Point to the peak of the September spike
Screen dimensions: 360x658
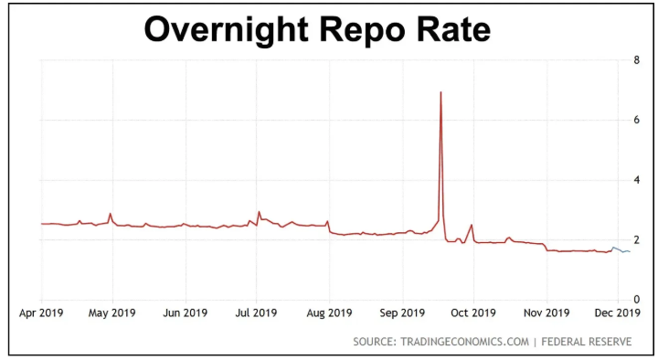(441, 92)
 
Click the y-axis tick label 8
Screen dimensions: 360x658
(636, 60)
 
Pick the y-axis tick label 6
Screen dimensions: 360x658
(636, 120)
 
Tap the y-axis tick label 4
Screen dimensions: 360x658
(636, 180)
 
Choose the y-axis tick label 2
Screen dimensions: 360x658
(636, 239)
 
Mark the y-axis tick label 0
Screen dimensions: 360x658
(636, 300)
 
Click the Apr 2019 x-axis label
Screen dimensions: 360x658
(42, 313)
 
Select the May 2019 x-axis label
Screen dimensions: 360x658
(112, 313)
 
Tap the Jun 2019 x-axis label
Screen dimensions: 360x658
(186, 313)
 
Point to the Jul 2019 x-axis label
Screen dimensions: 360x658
(256, 313)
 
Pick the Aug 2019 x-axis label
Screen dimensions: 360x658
(329, 313)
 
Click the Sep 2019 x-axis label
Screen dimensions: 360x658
(402, 313)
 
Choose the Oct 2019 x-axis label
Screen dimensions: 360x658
(473, 313)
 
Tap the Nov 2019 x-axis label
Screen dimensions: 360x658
(547, 313)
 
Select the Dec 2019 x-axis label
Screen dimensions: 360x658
(618, 313)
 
